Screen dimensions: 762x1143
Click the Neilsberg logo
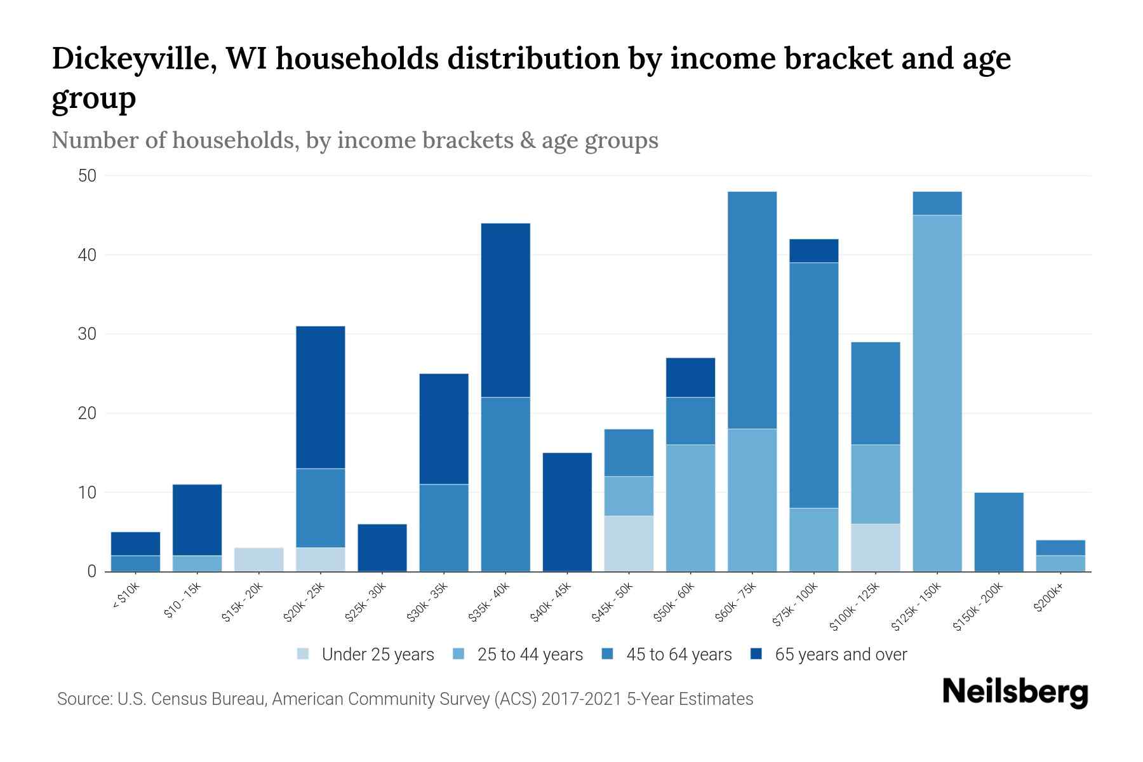point(1015,692)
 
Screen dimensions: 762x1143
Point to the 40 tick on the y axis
point(87,255)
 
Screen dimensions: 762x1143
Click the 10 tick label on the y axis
point(87,493)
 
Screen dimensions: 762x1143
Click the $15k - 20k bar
point(258,559)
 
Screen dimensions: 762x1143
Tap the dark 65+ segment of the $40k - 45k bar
point(567,512)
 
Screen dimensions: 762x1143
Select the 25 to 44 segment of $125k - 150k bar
point(937,393)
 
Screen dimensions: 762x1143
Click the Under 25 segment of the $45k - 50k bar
point(629,544)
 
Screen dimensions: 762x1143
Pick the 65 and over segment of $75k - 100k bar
point(813,251)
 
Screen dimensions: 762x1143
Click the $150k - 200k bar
point(998,532)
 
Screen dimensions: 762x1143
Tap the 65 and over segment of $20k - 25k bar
point(320,397)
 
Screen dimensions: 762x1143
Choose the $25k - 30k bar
point(382,547)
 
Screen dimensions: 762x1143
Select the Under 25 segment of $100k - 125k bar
point(875,547)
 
